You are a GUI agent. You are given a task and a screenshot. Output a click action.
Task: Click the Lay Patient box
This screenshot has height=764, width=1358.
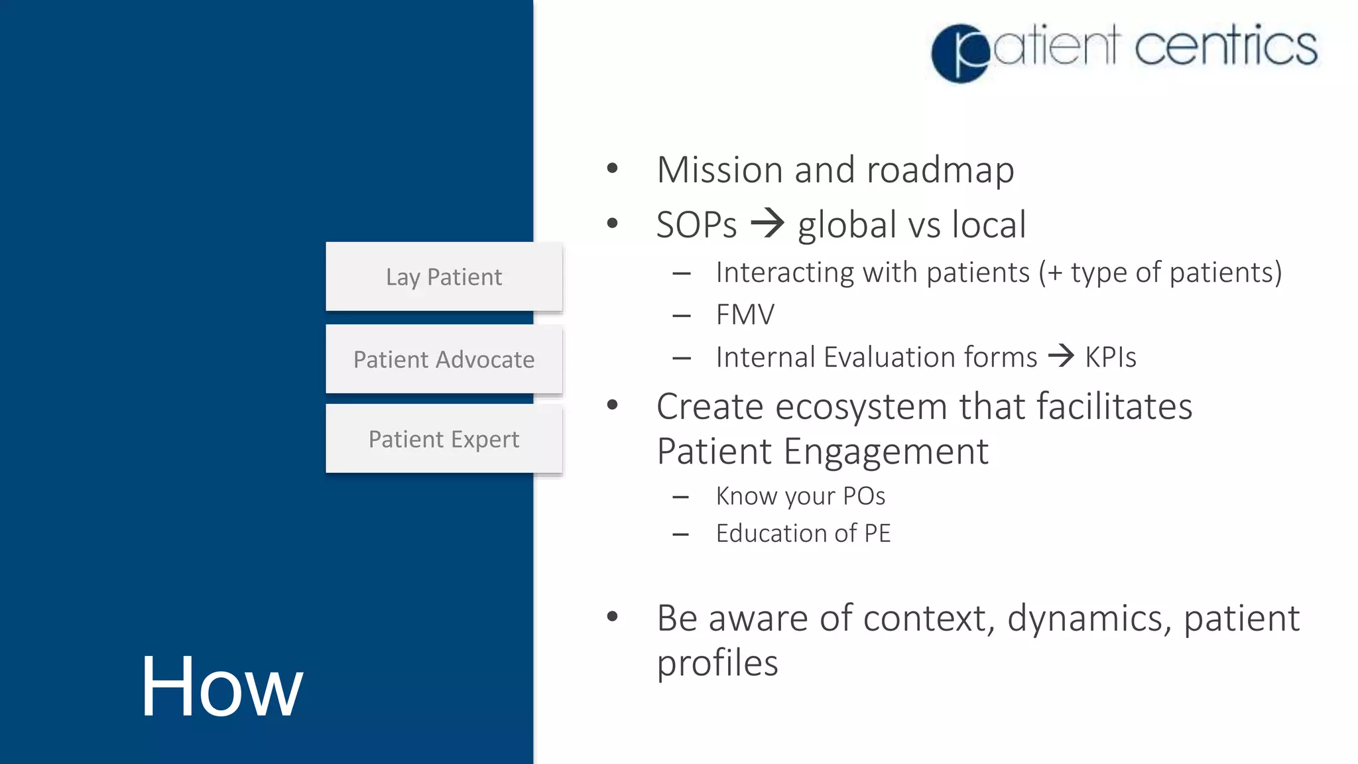(444, 277)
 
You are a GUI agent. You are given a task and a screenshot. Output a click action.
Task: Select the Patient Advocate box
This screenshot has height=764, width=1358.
(444, 359)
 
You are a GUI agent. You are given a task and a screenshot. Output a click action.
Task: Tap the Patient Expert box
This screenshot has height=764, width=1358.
(444, 439)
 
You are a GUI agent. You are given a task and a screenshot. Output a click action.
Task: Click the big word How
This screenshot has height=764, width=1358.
(221, 686)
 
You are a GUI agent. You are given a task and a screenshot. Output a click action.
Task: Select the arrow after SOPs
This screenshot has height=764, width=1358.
(767, 223)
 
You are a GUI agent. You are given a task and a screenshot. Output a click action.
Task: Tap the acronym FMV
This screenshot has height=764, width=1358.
(745, 314)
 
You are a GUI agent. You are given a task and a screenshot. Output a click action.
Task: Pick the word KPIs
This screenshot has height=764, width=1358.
(1111, 357)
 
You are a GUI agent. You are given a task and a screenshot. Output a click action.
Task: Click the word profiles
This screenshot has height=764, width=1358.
(717, 663)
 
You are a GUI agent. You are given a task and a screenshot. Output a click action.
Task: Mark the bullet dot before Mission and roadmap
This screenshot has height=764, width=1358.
(612, 168)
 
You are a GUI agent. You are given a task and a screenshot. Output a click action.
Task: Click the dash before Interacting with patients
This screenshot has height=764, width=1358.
(682, 273)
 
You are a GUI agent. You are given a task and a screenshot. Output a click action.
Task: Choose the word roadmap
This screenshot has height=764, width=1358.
(940, 170)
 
